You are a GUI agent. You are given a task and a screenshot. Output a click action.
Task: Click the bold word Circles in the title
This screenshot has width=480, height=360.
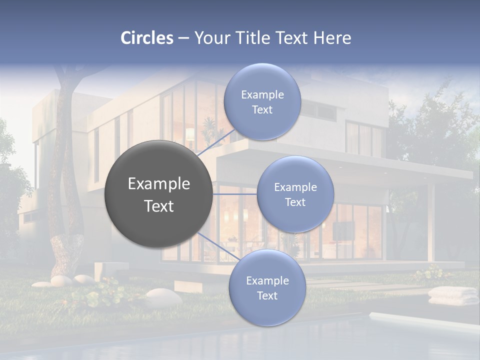coord(147,38)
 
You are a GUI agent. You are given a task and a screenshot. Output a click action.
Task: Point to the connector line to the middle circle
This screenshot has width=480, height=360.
coord(234,194)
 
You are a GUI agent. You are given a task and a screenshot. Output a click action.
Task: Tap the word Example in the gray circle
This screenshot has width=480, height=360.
coord(159,184)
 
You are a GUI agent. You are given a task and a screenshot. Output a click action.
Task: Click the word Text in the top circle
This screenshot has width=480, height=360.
coord(262,110)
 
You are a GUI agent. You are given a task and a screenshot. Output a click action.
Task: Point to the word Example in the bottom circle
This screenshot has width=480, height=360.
coord(267,280)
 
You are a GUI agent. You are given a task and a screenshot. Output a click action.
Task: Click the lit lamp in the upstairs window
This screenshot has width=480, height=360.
coord(190,134)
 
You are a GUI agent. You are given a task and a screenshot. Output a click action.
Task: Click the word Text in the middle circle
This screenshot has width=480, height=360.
coord(295,202)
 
